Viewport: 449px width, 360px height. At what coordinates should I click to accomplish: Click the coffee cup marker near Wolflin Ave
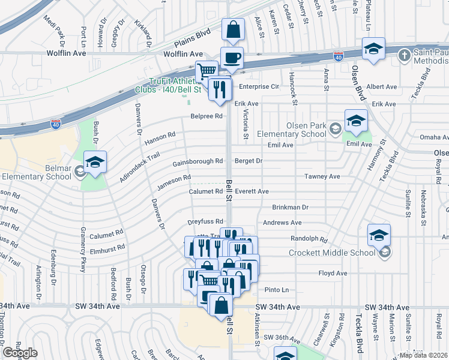(x=232, y=58)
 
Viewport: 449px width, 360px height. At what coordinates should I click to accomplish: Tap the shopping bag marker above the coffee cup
(x=233, y=29)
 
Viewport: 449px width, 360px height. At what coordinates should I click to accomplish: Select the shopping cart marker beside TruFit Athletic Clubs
(x=207, y=71)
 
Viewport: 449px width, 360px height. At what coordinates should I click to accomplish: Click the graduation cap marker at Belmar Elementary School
(x=94, y=162)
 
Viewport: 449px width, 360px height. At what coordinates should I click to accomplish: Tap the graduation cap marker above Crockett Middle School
(x=378, y=235)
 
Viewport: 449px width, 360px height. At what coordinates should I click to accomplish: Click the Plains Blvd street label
(x=193, y=42)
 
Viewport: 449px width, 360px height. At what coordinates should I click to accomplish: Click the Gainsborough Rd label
(x=197, y=161)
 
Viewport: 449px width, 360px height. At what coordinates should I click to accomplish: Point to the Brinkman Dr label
(x=290, y=207)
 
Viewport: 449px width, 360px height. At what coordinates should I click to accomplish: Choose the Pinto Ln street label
(x=277, y=290)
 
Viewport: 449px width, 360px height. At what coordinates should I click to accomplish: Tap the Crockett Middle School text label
(x=332, y=253)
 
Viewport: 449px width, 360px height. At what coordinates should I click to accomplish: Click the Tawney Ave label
(x=322, y=176)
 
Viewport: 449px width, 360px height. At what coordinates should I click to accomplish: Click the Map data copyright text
(x=423, y=355)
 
